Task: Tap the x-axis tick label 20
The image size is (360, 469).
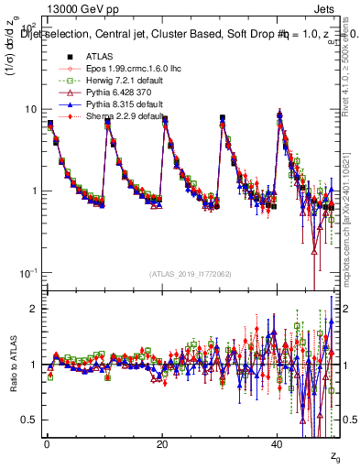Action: [x=161, y=444]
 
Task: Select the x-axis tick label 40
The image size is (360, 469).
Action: [x=278, y=444]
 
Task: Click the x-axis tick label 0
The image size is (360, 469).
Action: [x=47, y=444]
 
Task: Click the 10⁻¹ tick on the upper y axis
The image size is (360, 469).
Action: [x=28, y=273]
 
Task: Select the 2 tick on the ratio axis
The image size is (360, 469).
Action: [x=34, y=309]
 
